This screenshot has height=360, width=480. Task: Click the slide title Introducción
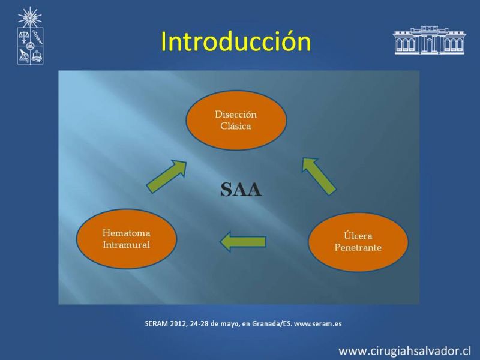(x=236, y=41)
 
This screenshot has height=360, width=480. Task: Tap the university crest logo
(x=30, y=36)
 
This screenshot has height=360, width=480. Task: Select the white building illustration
(x=430, y=40)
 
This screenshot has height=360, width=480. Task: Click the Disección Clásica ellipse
(x=236, y=120)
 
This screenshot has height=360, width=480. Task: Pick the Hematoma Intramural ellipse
(x=127, y=239)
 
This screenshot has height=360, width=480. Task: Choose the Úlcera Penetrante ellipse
(x=358, y=242)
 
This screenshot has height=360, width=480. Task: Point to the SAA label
(x=241, y=190)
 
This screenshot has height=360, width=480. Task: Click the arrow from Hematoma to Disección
(x=167, y=176)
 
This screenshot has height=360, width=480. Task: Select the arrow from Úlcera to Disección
(x=319, y=176)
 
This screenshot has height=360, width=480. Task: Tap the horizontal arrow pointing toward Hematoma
(x=243, y=242)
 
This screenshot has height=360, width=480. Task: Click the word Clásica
(x=236, y=126)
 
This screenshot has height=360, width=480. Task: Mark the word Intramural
(x=127, y=245)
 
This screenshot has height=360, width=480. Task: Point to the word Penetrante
(x=358, y=248)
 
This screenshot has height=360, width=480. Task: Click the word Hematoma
(x=127, y=233)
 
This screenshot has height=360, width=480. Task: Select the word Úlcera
(x=358, y=236)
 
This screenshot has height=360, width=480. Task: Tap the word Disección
(x=236, y=115)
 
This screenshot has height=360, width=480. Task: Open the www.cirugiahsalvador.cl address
(x=404, y=351)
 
